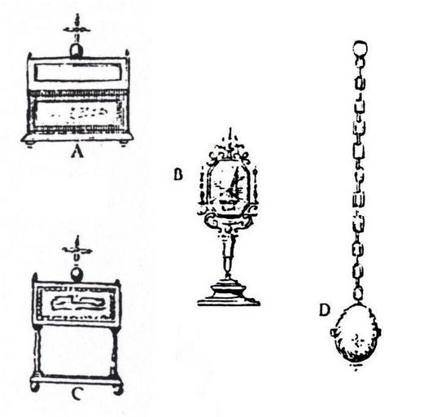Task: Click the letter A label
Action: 77,151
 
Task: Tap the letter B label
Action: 178,174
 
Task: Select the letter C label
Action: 77,394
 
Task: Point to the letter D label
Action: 325,309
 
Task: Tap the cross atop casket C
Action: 77,248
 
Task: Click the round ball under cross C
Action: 77,275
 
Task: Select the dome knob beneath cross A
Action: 77,51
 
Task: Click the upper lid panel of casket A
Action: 78,72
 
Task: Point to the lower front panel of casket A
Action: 77,113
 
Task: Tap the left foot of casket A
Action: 30,144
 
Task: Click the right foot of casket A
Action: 124,143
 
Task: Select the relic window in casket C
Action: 77,303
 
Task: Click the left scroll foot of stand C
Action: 35,387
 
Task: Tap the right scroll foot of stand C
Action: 119,389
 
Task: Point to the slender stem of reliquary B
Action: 228,254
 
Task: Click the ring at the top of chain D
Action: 360,48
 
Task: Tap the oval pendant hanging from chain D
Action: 356,334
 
